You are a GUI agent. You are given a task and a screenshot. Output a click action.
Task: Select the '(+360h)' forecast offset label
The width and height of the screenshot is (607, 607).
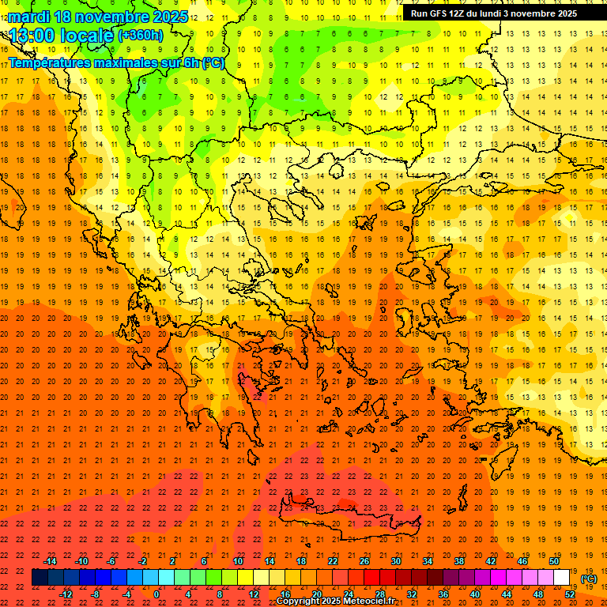tap(141, 36)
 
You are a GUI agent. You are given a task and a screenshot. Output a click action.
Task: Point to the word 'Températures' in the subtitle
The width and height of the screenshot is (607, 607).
tap(55, 62)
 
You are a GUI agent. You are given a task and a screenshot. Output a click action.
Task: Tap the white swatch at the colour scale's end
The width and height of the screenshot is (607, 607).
tap(561, 578)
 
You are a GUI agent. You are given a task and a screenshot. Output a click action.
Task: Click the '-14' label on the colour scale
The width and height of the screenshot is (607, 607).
tap(51, 561)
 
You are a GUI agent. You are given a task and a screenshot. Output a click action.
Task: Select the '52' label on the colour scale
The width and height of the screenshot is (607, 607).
tap(570, 594)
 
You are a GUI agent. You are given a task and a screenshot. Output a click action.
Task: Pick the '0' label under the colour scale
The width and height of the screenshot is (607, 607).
tap(156, 594)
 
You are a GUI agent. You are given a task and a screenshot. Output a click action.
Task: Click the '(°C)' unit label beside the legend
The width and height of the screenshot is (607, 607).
tap(590, 579)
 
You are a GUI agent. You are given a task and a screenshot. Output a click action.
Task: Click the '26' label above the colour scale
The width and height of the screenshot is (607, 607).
tap(364, 561)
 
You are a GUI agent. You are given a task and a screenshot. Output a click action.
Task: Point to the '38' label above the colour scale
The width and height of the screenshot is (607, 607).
tap(459, 561)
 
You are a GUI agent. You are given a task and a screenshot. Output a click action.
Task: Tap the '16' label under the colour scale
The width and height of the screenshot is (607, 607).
tap(285, 594)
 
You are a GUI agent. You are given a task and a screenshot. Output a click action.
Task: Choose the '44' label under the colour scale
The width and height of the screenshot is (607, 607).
tap(507, 594)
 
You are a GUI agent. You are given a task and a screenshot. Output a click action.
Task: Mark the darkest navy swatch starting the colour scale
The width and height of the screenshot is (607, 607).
tap(40, 578)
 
